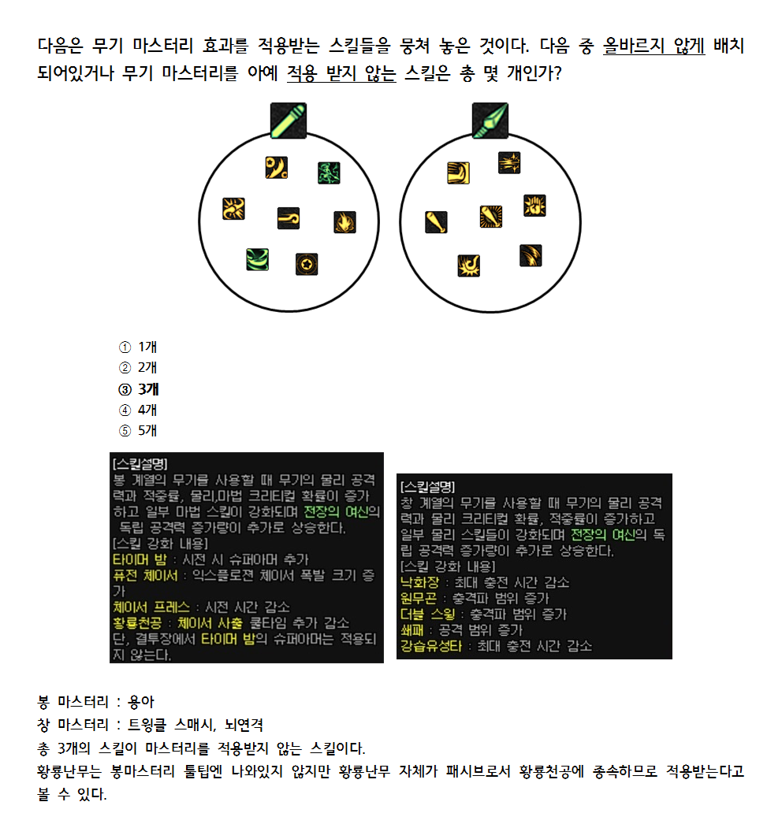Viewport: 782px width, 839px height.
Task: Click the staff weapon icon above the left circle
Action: click(288, 121)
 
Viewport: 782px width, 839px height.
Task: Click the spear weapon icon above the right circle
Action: click(490, 121)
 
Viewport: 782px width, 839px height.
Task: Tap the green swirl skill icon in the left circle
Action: click(258, 258)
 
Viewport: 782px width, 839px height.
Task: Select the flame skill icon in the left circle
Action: click(344, 222)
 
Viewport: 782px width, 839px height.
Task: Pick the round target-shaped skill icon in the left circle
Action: click(306, 265)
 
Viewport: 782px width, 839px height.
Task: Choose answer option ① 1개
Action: click(139, 347)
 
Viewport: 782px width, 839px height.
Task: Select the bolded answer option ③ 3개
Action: click(139, 388)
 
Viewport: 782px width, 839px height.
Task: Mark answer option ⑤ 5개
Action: click(139, 430)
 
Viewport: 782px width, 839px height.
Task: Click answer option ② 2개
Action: click(139, 367)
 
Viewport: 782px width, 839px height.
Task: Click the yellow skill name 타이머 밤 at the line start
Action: click(140, 559)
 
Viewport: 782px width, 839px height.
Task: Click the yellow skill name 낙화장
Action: click(419, 582)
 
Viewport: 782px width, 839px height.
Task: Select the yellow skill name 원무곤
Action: click(419, 598)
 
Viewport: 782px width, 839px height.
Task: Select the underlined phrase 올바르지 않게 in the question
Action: click(654, 46)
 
